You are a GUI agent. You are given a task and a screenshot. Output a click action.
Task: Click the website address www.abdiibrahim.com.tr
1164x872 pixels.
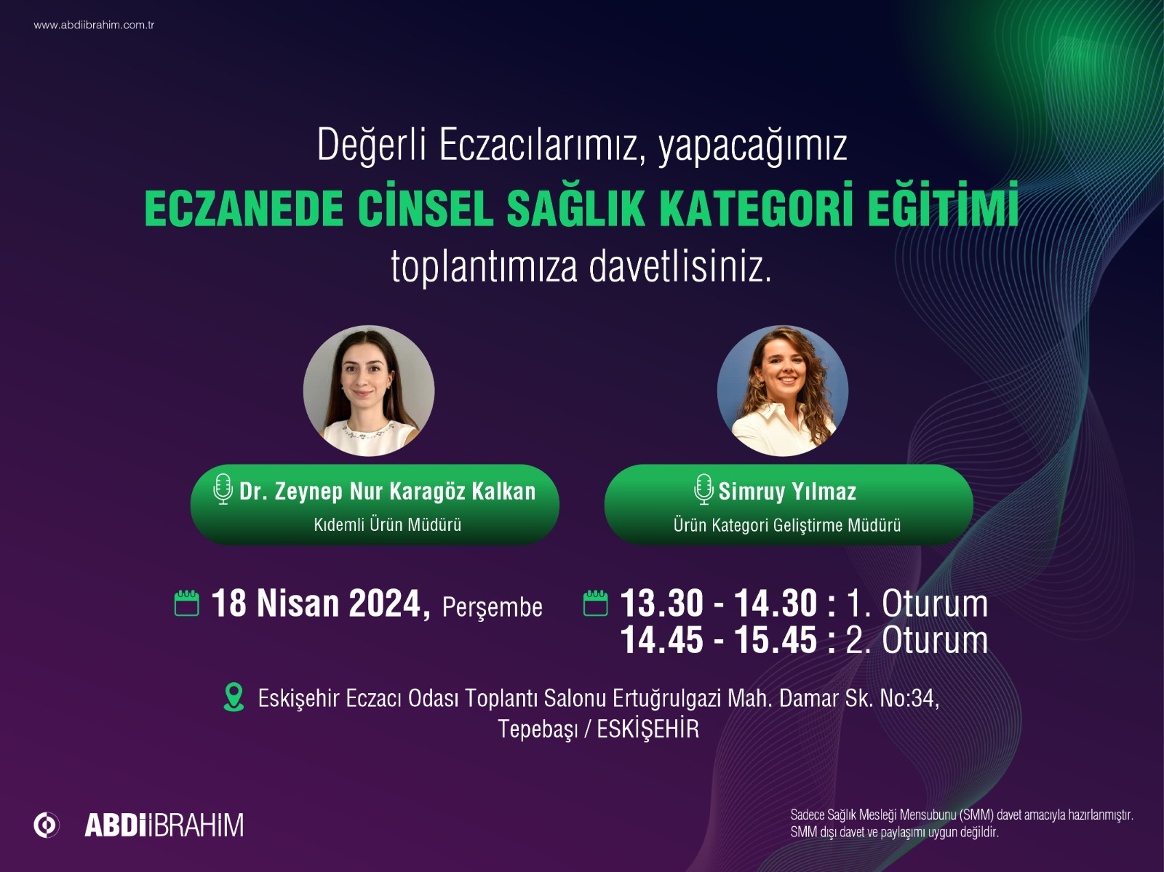tap(94, 25)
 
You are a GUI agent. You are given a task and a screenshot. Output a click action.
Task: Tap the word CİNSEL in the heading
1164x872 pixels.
tap(425, 208)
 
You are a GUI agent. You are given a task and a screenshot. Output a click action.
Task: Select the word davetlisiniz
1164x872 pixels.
tap(679, 267)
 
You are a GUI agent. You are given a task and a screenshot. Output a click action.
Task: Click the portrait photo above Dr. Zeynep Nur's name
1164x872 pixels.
tap(369, 391)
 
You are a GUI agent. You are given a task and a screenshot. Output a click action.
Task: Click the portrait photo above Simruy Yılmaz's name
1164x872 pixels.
tap(783, 391)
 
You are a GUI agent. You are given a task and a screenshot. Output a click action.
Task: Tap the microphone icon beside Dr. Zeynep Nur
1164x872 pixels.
tap(223, 489)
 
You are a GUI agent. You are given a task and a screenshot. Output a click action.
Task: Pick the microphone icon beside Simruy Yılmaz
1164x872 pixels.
tap(703, 489)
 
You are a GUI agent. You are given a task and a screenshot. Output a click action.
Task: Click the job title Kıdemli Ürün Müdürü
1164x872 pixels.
tap(387, 524)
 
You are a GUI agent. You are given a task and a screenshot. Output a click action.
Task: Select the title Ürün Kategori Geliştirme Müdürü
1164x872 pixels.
tap(787, 525)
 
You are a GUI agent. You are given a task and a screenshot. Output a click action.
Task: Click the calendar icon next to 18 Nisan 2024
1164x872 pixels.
tap(187, 604)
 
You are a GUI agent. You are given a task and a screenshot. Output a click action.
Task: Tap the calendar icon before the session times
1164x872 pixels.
tap(596, 604)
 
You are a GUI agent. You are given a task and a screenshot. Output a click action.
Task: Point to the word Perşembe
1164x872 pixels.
tap(493, 607)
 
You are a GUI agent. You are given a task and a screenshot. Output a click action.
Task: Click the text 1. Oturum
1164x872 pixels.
tap(917, 604)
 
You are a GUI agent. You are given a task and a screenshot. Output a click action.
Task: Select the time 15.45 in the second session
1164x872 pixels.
tap(776, 641)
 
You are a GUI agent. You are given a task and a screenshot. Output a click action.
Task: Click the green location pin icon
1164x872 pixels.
tap(234, 697)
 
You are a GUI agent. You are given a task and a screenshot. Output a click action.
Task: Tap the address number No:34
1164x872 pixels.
tap(908, 698)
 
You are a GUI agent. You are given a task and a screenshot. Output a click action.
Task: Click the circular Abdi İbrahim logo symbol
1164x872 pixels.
tap(47, 825)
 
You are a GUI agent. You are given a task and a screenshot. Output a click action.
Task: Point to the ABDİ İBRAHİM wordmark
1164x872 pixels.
tap(164, 825)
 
